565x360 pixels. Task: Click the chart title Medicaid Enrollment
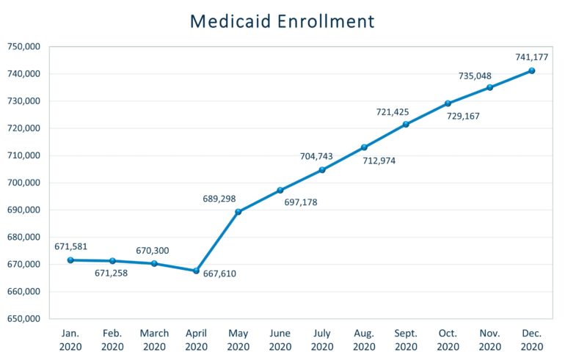pos(282,21)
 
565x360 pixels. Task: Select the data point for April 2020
pos(196,271)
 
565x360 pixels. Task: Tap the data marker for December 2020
pos(532,70)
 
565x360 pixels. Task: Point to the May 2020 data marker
pos(238,212)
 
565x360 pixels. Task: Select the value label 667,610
pos(219,274)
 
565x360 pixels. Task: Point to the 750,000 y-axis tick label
pos(24,47)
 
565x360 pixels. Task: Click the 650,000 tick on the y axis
pos(24,319)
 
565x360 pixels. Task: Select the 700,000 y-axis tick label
pos(24,183)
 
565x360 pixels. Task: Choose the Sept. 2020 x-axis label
pos(406,339)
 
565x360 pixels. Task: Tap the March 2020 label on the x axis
pos(154,339)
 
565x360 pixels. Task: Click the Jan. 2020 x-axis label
pos(70,339)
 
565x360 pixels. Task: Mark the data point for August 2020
pos(364,147)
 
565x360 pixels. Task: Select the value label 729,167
pos(462,116)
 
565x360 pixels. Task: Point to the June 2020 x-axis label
pos(280,339)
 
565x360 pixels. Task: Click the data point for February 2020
pos(112,260)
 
